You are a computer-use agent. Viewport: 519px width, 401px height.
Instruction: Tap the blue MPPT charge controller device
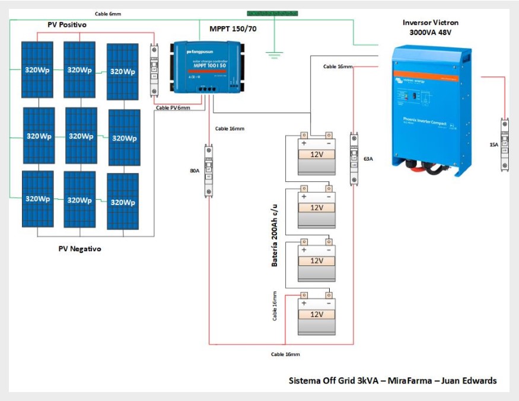click(207, 66)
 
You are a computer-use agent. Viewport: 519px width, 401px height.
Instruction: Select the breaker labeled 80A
click(209, 171)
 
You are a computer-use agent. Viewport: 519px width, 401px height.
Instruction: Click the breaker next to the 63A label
click(354, 158)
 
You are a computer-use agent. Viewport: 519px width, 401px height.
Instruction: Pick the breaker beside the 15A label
click(505, 145)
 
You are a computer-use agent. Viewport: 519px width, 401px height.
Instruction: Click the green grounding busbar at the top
click(272, 13)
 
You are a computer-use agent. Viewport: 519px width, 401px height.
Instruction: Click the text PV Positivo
click(67, 25)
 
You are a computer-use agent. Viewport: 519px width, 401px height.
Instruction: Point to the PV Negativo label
click(79, 249)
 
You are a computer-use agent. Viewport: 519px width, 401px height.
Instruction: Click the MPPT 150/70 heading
click(233, 28)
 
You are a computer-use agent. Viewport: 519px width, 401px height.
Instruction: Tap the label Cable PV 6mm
click(173, 108)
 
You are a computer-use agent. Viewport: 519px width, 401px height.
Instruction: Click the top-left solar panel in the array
click(37, 69)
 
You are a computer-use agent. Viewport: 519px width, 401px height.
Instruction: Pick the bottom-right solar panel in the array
click(123, 201)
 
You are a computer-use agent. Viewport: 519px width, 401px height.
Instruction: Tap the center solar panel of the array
click(80, 136)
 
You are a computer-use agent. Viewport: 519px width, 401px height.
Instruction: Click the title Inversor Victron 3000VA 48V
click(430, 28)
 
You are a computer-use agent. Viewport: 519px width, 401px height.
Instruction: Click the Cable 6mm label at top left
click(108, 14)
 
